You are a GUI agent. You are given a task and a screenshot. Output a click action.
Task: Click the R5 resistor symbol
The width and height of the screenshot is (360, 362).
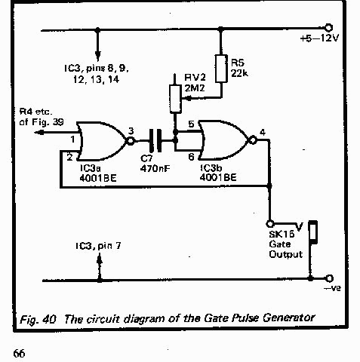tap(221, 69)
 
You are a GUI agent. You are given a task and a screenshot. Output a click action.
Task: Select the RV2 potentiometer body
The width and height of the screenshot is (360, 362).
tap(175, 99)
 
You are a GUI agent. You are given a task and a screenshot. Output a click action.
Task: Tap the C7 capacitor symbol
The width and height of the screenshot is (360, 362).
tap(155, 141)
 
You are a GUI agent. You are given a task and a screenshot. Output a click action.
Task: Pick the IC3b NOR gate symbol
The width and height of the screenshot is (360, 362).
tap(227, 140)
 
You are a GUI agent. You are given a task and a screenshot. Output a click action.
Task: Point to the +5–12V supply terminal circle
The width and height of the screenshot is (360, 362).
tap(328, 28)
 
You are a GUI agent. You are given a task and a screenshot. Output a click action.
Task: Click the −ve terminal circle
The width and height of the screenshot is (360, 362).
tap(329, 278)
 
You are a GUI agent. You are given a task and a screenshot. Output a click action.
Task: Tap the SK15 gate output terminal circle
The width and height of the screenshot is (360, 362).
tap(270, 223)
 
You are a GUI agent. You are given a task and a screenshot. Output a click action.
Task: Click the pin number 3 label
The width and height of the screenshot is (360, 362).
tap(131, 131)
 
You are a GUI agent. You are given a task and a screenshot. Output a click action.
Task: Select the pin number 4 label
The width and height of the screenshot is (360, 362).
tap(263, 132)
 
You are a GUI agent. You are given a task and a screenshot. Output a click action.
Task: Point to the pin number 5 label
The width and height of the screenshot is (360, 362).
tap(191, 124)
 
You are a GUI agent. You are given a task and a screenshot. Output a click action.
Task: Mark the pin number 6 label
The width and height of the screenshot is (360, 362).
tap(192, 157)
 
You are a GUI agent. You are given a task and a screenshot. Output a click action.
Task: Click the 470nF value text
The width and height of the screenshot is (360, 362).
tap(155, 168)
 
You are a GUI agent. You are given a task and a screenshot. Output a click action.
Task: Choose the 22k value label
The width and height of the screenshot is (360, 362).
tap(239, 73)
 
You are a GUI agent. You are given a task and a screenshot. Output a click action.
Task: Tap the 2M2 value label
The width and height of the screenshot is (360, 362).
tap(195, 88)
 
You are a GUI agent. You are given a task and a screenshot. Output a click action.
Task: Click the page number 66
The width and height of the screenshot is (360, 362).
tap(19, 353)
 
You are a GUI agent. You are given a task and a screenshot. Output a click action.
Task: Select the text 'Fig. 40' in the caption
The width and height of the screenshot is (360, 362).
tap(38, 320)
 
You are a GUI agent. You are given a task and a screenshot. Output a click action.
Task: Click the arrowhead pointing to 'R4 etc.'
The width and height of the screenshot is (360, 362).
tap(39, 132)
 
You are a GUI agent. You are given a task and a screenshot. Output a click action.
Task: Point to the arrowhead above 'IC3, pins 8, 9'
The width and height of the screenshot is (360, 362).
tap(98, 56)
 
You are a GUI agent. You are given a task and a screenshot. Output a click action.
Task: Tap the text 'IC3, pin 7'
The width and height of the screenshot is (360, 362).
tap(98, 246)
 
